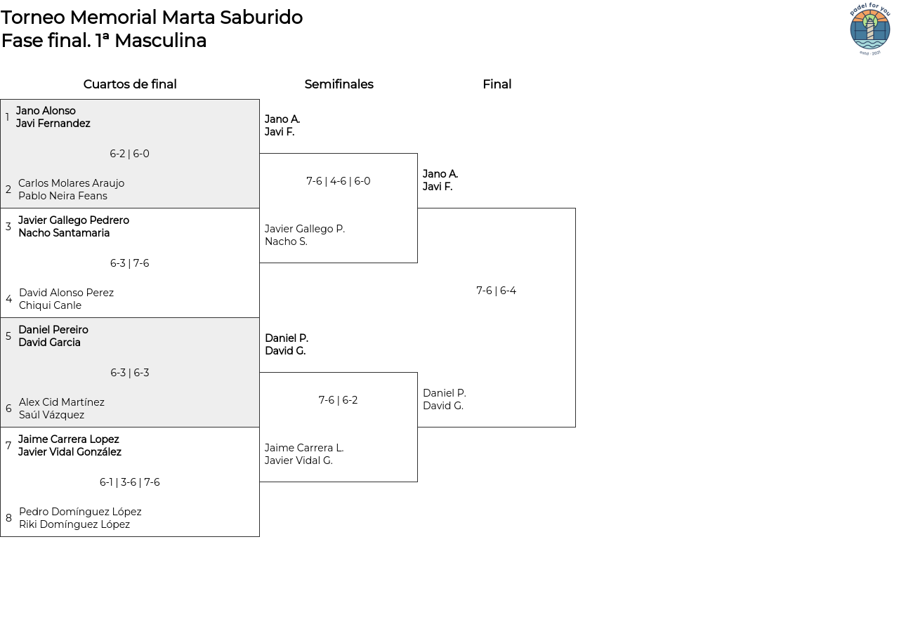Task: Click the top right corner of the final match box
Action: [575, 208]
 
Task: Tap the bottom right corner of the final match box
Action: [575, 427]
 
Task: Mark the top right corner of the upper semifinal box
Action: [417, 153]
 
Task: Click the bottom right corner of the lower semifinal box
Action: [417, 482]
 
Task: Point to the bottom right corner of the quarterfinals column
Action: [259, 536]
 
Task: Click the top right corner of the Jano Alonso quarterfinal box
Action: [259, 100]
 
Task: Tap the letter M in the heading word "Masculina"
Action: [122, 41]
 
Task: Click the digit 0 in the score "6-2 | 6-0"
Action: [146, 154]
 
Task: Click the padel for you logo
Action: [870, 29]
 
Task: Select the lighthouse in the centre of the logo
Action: [870, 27]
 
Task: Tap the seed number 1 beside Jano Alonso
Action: [7, 117]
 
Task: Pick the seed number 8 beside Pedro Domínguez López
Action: [8, 518]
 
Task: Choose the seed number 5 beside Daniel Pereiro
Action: [8, 336]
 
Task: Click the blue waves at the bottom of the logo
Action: [870, 44]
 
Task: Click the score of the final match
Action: [496, 291]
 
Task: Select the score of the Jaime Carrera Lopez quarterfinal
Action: [130, 482]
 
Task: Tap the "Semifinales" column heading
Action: [339, 84]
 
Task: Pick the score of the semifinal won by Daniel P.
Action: [338, 400]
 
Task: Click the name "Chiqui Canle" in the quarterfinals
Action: [50, 305]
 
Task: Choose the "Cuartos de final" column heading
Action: [130, 84]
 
